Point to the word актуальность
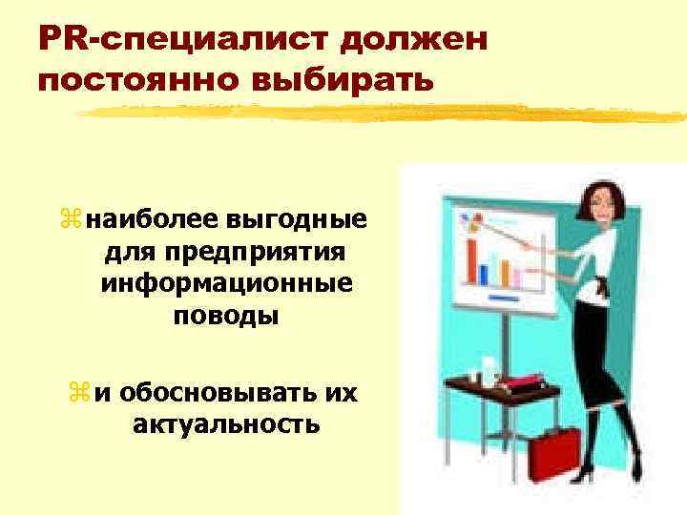pyautogui.click(x=226, y=422)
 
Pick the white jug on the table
pyautogui.click(x=488, y=367)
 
